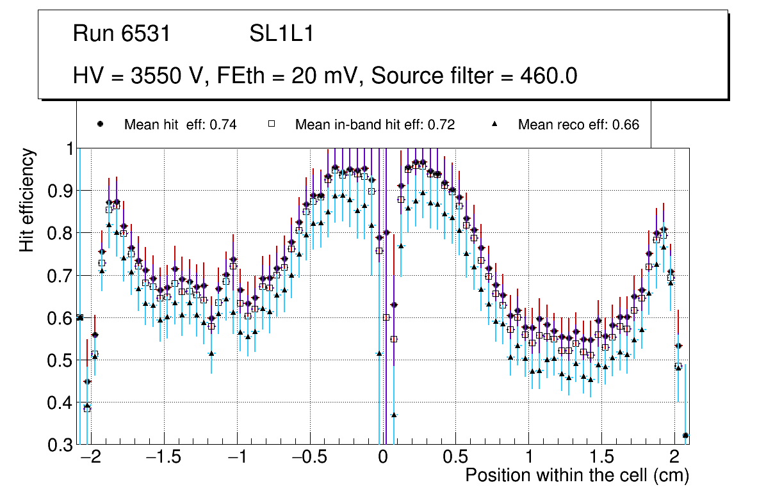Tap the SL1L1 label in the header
tap(281, 34)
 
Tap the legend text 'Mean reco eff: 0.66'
tap(578, 125)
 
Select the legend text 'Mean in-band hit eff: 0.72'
tap(375, 125)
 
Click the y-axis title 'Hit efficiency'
tap(28, 200)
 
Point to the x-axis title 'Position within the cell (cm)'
tap(576, 475)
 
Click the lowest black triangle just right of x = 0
tap(394, 415)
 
